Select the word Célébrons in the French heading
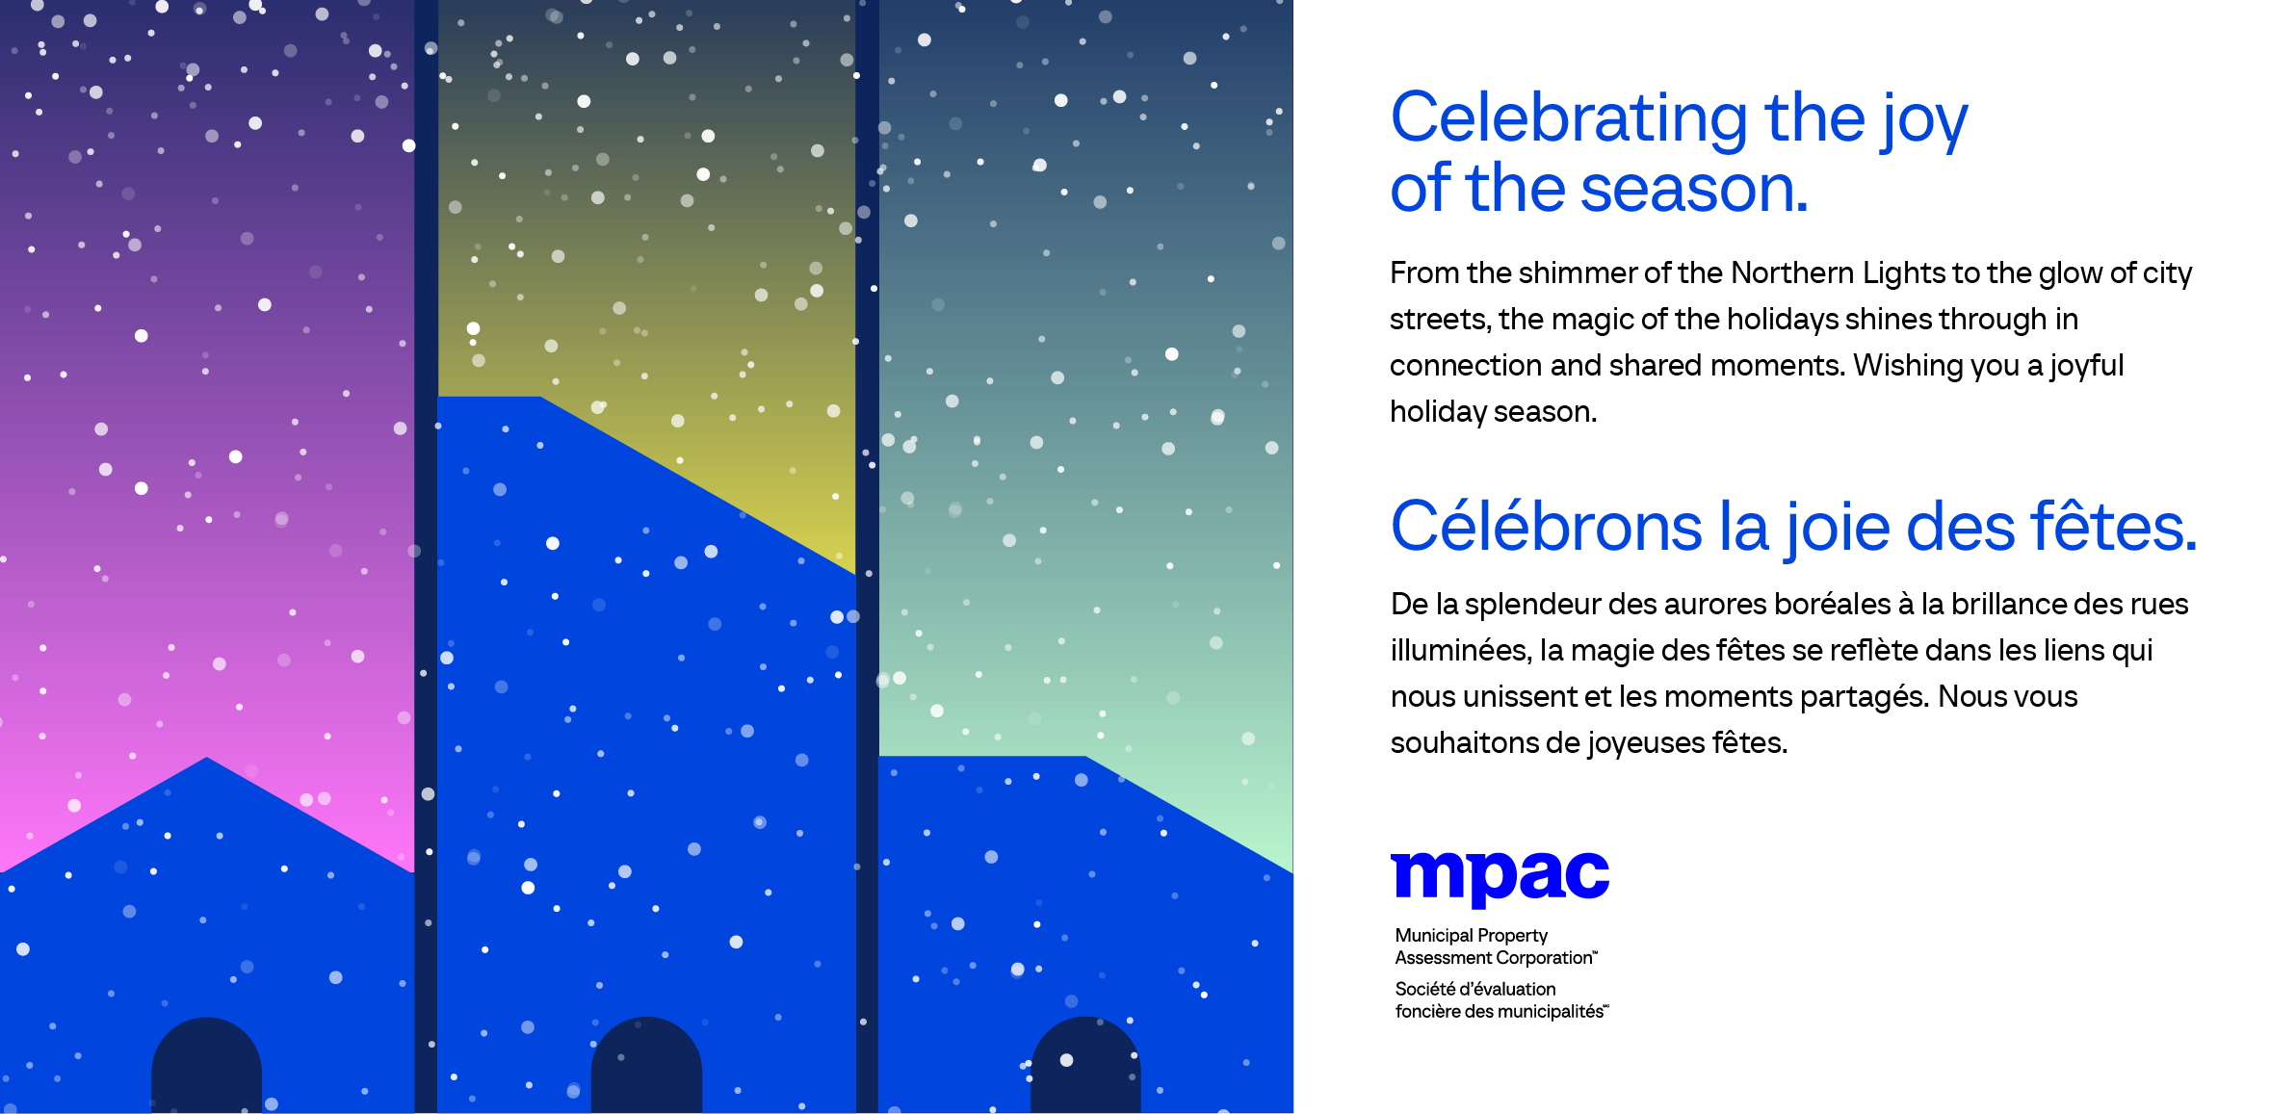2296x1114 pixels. (1547, 528)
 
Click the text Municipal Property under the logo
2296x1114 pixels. (1471, 935)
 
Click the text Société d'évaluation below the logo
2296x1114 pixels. (1474, 989)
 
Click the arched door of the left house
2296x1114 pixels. (206, 1067)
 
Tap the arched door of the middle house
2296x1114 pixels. (646, 1067)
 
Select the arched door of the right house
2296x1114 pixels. (1085, 1067)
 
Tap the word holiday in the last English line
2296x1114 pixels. (1438, 412)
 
